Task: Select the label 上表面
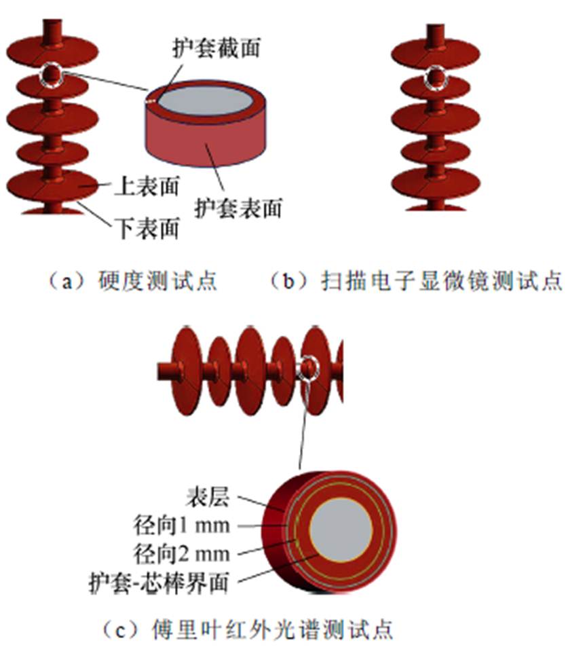point(146,185)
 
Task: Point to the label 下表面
point(146,228)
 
